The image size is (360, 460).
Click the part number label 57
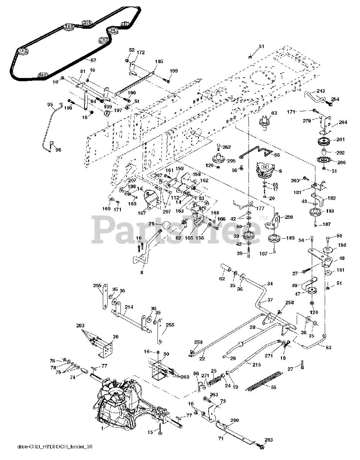click(x=93, y=61)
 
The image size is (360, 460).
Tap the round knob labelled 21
click(x=166, y=226)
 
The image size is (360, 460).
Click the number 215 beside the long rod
click(x=256, y=365)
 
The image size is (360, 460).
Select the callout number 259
click(x=289, y=217)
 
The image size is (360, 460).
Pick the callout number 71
click(x=221, y=438)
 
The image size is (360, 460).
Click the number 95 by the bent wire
click(x=50, y=105)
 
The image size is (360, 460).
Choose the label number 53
click(x=328, y=348)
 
